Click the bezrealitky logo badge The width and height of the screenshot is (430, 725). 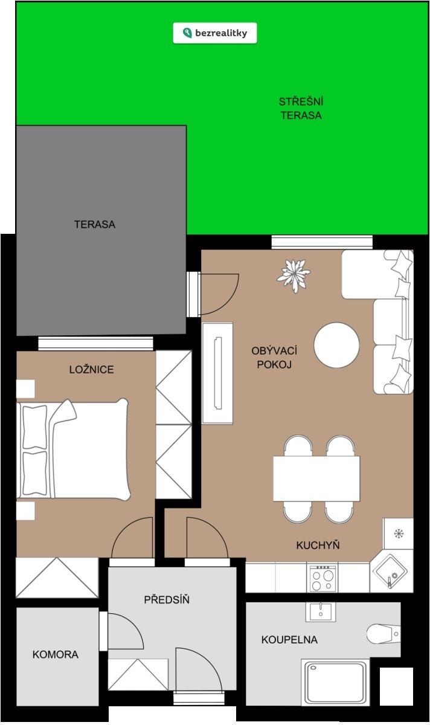click(x=215, y=33)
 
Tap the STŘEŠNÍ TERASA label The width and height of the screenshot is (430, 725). click(x=301, y=108)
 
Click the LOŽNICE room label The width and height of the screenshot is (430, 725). click(x=92, y=369)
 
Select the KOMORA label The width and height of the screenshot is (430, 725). click(x=56, y=654)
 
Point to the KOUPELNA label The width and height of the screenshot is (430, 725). click(x=289, y=640)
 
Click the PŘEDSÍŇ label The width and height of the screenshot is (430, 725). click(x=167, y=599)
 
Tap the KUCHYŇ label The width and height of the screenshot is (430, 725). click(x=318, y=545)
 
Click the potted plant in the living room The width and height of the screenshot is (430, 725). click(x=294, y=275)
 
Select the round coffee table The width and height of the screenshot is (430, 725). click(x=336, y=345)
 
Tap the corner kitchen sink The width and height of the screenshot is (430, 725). click(x=391, y=572)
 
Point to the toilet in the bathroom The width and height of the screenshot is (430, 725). click(x=383, y=634)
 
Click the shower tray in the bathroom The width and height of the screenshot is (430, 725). click(x=335, y=682)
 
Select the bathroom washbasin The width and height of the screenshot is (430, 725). click(x=320, y=611)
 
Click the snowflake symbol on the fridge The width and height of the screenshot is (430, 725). click(x=399, y=533)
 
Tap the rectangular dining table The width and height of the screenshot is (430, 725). click(x=316, y=478)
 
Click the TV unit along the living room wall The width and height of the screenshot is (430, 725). click(x=217, y=373)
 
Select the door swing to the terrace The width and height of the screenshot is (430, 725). click(x=219, y=294)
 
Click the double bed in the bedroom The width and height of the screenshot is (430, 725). click(x=73, y=450)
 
